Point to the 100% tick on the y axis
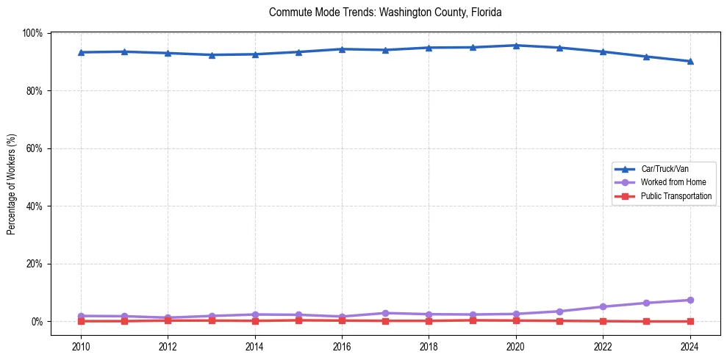(x=32, y=33)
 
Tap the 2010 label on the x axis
(x=81, y=348)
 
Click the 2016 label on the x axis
(x=342, y=348)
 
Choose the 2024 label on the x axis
(x=690, y=348)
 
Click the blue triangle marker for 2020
(x=516, y=46)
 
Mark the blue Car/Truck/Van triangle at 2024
(x=690, y=61)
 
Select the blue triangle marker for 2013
(x=212, y=54)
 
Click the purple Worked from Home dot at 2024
(x=690, y=300)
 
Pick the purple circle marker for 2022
(x=603, y=306)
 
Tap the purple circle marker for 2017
(x=385, y=313)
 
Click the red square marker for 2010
(x=81, y=321)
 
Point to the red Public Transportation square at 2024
(x=690, y=321)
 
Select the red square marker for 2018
(x=429, y=320)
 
